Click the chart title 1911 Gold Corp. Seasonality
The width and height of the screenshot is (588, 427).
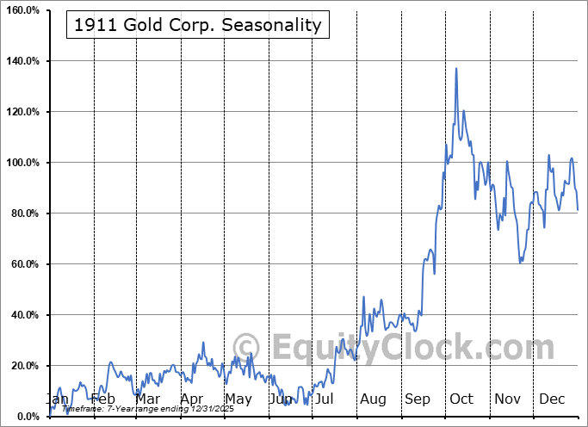(x=197, y=25)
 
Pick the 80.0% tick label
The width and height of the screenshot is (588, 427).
(x=23, y=213)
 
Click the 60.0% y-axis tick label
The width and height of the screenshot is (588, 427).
(x=23, y=264)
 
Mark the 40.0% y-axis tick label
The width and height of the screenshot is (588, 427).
(x=23, y=315)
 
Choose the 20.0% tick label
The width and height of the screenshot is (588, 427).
(x=23, y=366)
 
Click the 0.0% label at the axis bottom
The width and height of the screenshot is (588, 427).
(x=26, y=417)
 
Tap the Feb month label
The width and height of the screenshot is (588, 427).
(x=102, y=399)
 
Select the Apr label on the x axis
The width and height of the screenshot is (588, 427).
(x=192, y=399)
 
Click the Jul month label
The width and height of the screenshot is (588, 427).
(x=325, y=399)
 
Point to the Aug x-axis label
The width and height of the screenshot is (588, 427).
(x=374, y=399)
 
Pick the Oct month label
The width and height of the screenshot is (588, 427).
(x=461, y=399)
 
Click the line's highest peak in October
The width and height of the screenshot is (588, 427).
(x=456, y=68)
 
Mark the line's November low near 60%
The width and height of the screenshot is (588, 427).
(x=520, y=262)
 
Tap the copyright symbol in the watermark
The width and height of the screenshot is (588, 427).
(x=245, y=347)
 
